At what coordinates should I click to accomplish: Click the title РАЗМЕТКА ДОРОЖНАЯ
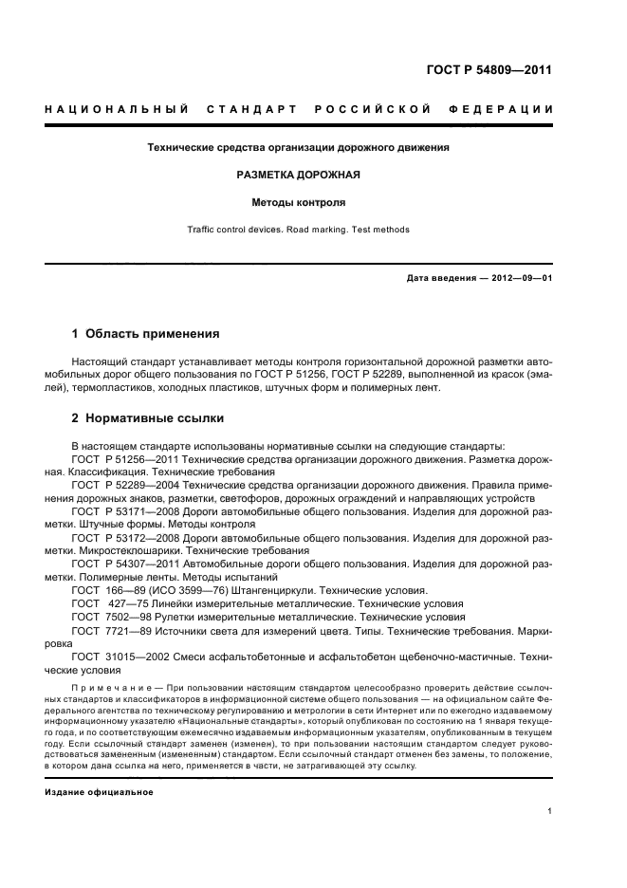(x=298, y=176)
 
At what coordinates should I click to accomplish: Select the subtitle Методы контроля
(x=298, y=202)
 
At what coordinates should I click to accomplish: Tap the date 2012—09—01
(x=518, y=278)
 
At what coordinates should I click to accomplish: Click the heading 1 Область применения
(x=146, y=334)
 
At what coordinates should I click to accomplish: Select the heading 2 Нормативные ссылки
(x=148, y=418)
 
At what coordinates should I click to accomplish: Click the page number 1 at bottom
(x=550, y=811)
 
